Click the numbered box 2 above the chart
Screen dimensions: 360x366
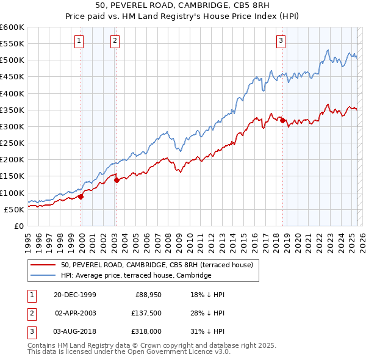pyautogui.click(x=115, y=41)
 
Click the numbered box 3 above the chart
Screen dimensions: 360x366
pyautogui.click(x=281, y=41)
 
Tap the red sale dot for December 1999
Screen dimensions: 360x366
pyautogui.click(x=81, y=196)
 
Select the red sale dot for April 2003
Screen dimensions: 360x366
pyautogui.click(x=117, y=180)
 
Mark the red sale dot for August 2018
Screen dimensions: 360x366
pyautogui.click(x=282, y=120)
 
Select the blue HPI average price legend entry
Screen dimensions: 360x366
pyautogui.click(x=135, y=276)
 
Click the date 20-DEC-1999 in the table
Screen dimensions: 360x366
pyautogui.click(x=75, y=295)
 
